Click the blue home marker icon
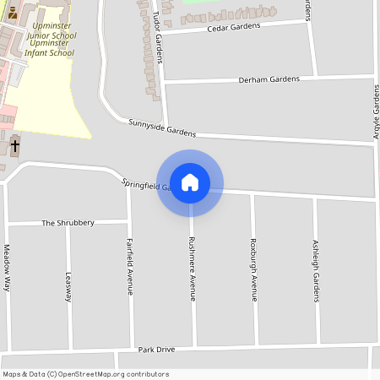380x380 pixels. pos(190,182)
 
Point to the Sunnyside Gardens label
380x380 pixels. pos(162,128)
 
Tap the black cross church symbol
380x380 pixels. pos(14,145)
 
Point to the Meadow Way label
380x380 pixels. pos(7,267)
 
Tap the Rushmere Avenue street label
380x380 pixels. pos(193,269)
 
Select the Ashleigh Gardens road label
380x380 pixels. pos(316,269)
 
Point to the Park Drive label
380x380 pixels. pos(156,349)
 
